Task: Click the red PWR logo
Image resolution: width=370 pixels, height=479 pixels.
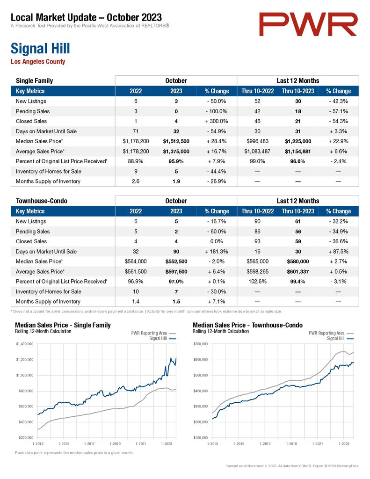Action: [308, 24]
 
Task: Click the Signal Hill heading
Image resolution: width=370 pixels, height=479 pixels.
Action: [40, 49]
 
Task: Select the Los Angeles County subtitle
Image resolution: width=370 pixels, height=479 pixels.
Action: [38, 61]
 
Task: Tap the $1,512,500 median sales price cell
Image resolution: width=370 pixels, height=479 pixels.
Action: [176, 141]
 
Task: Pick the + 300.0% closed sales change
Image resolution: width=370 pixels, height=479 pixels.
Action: [216, 121]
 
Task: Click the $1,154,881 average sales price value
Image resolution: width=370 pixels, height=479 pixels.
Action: [297, 152]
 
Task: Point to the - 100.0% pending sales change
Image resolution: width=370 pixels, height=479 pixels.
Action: [216, 111]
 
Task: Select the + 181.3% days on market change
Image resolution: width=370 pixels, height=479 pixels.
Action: [216, 252]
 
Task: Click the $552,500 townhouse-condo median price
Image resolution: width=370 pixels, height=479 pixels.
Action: [176, 261]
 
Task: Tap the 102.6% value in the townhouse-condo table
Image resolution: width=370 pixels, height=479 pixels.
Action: [258, 281]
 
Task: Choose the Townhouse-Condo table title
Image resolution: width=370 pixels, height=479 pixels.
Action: [42, 201]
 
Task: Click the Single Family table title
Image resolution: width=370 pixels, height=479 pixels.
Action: [34, 81]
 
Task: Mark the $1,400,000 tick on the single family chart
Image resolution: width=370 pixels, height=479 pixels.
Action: [24, 344]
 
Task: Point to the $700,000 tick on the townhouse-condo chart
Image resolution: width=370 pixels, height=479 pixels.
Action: [200, 344]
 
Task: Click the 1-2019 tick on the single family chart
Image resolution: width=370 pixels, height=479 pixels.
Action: [115, 443]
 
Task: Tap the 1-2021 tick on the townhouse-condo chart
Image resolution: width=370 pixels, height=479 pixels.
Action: [318, 443]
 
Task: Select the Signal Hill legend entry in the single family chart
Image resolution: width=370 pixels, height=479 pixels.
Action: [162, 339]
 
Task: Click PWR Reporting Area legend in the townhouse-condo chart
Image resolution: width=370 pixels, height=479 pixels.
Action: [331, 333]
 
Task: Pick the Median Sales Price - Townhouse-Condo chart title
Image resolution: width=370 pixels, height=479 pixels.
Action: [247, 325]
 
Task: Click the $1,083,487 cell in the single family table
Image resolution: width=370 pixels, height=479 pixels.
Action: [257, 152]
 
